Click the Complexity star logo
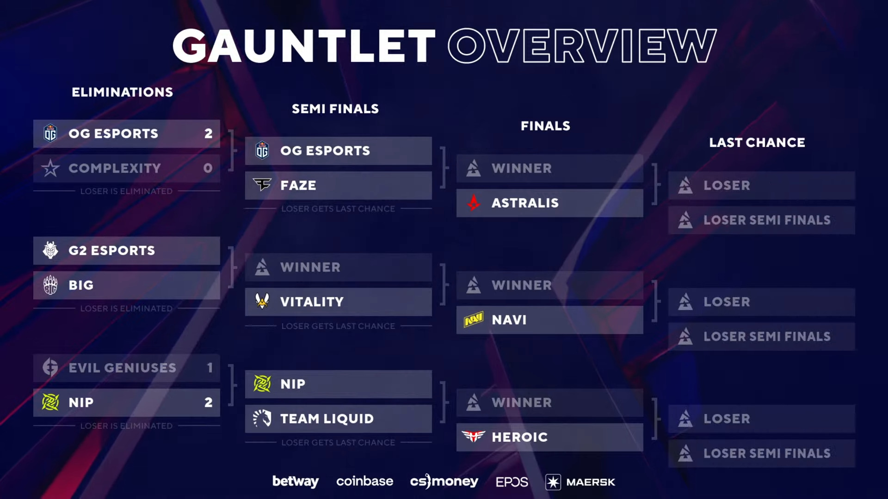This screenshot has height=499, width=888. [x=50, y=168]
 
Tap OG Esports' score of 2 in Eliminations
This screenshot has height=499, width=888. [x=209, y=134]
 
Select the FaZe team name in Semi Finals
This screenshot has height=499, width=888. [x=298, y=185]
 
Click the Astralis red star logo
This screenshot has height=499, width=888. [x=474, y=203]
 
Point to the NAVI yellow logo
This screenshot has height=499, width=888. [x=474, y=319]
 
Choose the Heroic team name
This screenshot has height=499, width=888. [x=519, y=437]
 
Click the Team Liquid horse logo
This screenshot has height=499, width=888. [x=262, y=419]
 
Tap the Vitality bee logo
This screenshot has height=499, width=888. [x=262, y=301]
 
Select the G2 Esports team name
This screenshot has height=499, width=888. [x=111, y=250]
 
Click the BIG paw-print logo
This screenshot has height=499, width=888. [x=50, y=285]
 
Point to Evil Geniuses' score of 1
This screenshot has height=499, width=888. [x=210, y=368]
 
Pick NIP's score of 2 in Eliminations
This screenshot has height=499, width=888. [x=209, y=402]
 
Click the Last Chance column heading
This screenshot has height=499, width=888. [x=757, y=142]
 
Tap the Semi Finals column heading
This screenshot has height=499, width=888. [x=335, y=109]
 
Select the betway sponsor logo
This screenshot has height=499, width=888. [x=296, y=481]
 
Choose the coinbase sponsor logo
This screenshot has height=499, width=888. [x=364, y=481]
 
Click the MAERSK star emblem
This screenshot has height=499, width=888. [x=553, y=482]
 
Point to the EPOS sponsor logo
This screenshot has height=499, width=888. [x=512, y=482]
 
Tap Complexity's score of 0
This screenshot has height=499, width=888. [x=208, y=168]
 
